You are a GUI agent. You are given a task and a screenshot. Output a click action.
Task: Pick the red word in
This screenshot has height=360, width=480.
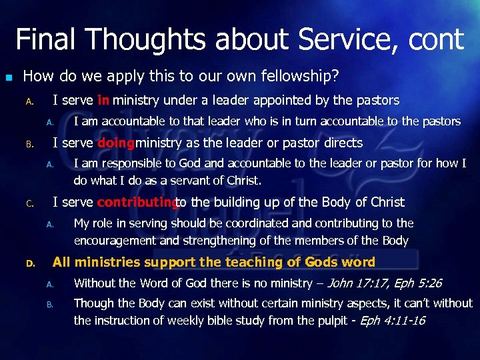(x=103, y=101)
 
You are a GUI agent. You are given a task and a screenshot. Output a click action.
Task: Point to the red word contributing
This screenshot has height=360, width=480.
(x=136, y=202)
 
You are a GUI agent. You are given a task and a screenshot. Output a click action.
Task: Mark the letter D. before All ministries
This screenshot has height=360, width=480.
(x=29, y=263)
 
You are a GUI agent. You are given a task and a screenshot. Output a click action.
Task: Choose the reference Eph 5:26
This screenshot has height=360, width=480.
(x=418, y=283)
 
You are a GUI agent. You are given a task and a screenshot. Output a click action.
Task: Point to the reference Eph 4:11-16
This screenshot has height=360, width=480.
(x=392, y=320)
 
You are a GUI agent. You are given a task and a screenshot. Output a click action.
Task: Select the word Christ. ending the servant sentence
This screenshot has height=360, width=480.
(x=243, y=180)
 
